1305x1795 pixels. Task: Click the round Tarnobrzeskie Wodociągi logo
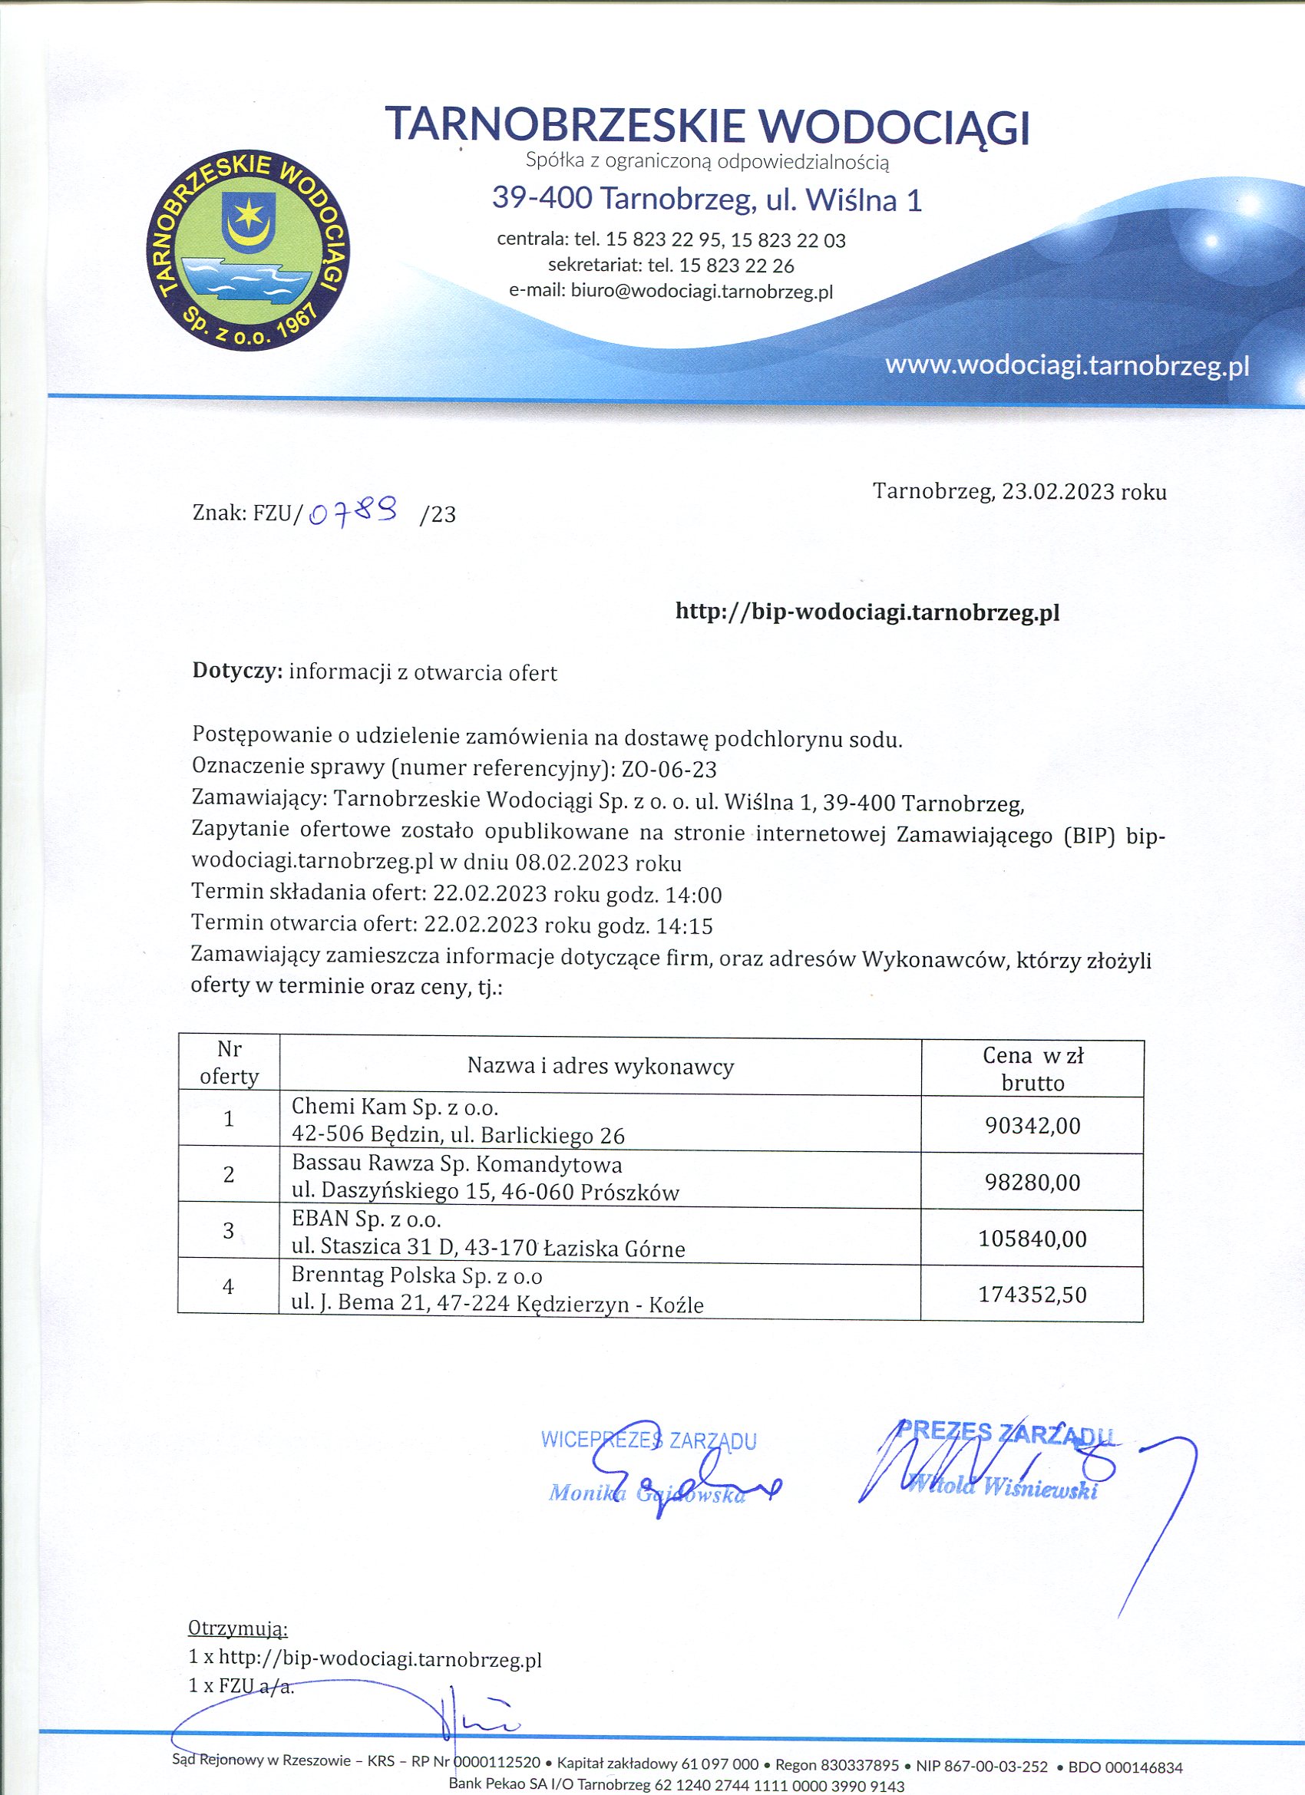248,251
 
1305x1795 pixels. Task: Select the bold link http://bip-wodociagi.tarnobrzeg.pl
867,612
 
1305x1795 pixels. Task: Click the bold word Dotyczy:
237,672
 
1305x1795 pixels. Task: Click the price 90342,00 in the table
1032,1126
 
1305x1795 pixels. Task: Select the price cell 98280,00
1032,1183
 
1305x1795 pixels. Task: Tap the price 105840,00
1032,1239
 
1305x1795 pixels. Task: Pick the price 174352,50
1032,1295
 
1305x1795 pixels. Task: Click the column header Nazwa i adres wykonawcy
600,1067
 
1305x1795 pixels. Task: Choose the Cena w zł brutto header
1032,1068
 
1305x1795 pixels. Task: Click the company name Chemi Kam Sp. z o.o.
395,1107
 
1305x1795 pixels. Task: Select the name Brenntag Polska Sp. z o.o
417,1275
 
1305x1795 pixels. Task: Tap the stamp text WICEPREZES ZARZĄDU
649,1440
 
